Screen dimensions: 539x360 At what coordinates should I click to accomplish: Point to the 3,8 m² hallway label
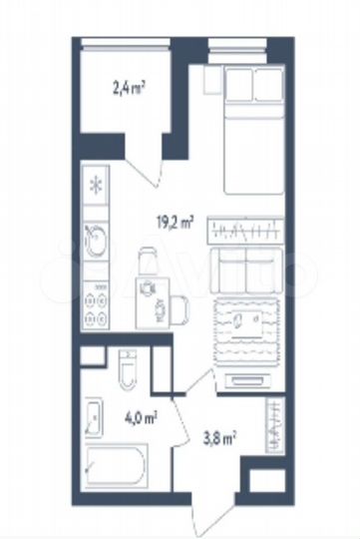point(219,436)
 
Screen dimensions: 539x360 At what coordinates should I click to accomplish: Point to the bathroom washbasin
point(94,417)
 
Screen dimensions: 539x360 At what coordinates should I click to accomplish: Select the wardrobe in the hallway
point(275,424)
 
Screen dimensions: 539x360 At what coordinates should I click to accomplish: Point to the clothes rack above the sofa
point(247,230)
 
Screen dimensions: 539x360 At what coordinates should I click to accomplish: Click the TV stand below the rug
point(249,377)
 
